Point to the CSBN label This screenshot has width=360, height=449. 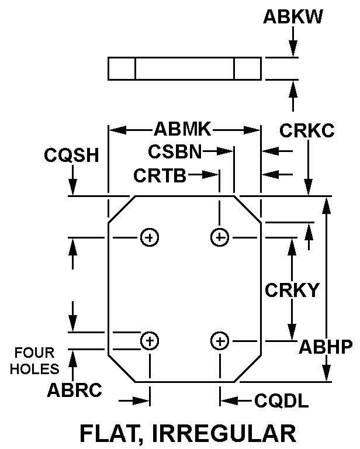pyautogui.click(x=174, y=151)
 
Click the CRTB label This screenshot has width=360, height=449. pyautogui.click(x=160, y=175)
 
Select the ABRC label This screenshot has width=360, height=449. pyautogui.click(x=75, y=391)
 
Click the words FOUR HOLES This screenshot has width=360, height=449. pyautogui.click(x=34, y=361)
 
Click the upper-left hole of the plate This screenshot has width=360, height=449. pyautogui.click(x=150, y=237)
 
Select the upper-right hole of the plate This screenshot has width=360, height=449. pyautogui.click(x=220, y=237)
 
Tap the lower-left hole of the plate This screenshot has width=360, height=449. pyautogui.click(x=150, y=340)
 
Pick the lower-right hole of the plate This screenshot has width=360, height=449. pyautogui.click(x=220, y=340)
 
